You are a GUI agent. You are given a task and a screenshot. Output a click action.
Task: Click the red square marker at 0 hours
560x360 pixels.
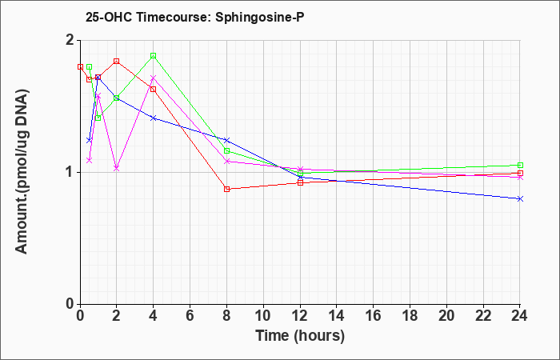point(80,66)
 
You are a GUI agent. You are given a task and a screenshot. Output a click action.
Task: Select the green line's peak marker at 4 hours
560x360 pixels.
point(154,56)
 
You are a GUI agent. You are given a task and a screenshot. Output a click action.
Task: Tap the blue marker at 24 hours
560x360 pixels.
point(520,199)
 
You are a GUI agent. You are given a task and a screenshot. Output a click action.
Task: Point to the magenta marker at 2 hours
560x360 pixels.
point(117,168)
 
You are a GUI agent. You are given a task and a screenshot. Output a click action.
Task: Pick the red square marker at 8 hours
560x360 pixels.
point(226,189)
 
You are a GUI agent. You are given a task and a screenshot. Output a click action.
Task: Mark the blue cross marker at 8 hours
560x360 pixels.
point(226,140)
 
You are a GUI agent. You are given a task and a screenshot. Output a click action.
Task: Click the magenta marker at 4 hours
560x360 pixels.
point(154,78)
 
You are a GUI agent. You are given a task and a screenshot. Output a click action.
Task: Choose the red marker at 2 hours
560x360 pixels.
point(117,62)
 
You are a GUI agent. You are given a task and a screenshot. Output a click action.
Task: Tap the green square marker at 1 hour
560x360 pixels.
point(98,118)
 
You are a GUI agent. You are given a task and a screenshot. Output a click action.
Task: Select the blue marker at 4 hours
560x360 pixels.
point(154,118)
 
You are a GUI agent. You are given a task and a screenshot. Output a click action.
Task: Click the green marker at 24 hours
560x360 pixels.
point(520,166)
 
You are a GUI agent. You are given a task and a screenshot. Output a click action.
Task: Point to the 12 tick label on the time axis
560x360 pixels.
point(300,316)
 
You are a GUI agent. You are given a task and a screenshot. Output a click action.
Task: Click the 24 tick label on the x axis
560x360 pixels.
point(520,316)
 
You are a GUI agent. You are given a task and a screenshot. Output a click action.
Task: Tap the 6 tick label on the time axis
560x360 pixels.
point(190,316)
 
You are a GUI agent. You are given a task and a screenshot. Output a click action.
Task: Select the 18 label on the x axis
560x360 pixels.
point(410,316)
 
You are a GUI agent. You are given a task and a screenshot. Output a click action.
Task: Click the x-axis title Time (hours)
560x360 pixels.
point(300,336)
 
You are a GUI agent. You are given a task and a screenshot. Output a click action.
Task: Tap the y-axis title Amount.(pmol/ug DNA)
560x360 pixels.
point(22,171)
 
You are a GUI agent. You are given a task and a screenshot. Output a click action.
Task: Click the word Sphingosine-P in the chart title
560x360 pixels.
point(260,17)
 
